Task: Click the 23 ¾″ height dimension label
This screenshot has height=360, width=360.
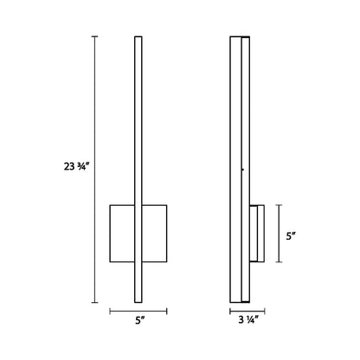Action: (75, 166)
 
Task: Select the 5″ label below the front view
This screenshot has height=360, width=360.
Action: (139, 320)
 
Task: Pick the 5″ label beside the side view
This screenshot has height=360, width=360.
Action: (291, 236)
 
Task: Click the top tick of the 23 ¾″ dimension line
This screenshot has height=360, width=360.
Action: (95, 36)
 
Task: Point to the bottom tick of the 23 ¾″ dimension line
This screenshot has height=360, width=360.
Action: (95, 303)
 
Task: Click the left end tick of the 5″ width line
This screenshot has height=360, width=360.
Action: (110, 312)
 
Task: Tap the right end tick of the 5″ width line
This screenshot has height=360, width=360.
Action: (167, 312)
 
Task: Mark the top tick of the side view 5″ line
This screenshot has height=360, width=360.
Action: (279, 205)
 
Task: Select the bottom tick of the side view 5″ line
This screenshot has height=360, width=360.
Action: (279, 262)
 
